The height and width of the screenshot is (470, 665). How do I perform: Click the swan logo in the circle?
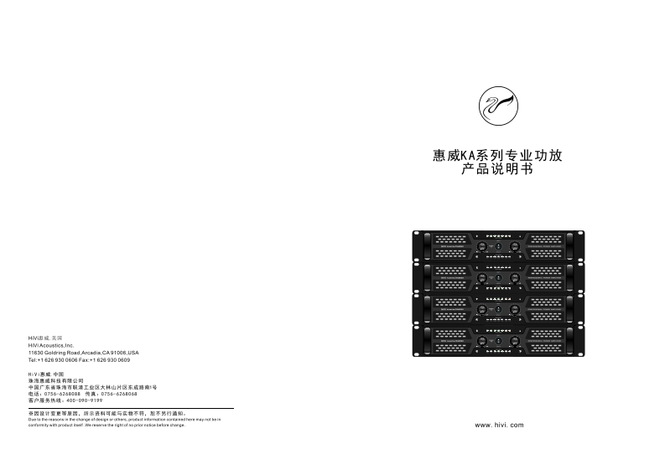pyautogui.click(x=497, y=105)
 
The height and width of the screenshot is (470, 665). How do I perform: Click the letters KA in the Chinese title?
pyautogui.click(x=472, y=156)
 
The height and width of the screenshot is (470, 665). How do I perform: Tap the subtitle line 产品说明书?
pyautogui.click(x=497, y=170)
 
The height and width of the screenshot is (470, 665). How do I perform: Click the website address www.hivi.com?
pyautogui.click(x=499, y=426)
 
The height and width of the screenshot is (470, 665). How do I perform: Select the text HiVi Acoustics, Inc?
pyautogui.click(x=52, y=344)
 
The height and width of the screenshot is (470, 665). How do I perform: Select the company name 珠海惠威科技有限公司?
pyautogui.click(x=56, y=380)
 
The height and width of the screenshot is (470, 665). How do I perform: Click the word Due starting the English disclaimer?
pyautogui.click(x=32, y=419)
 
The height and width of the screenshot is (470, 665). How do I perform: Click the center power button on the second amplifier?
pyautogui.click(x=497, y=277)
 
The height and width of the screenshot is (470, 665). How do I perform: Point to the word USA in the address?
pyautogui.click(x=133, y=352)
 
